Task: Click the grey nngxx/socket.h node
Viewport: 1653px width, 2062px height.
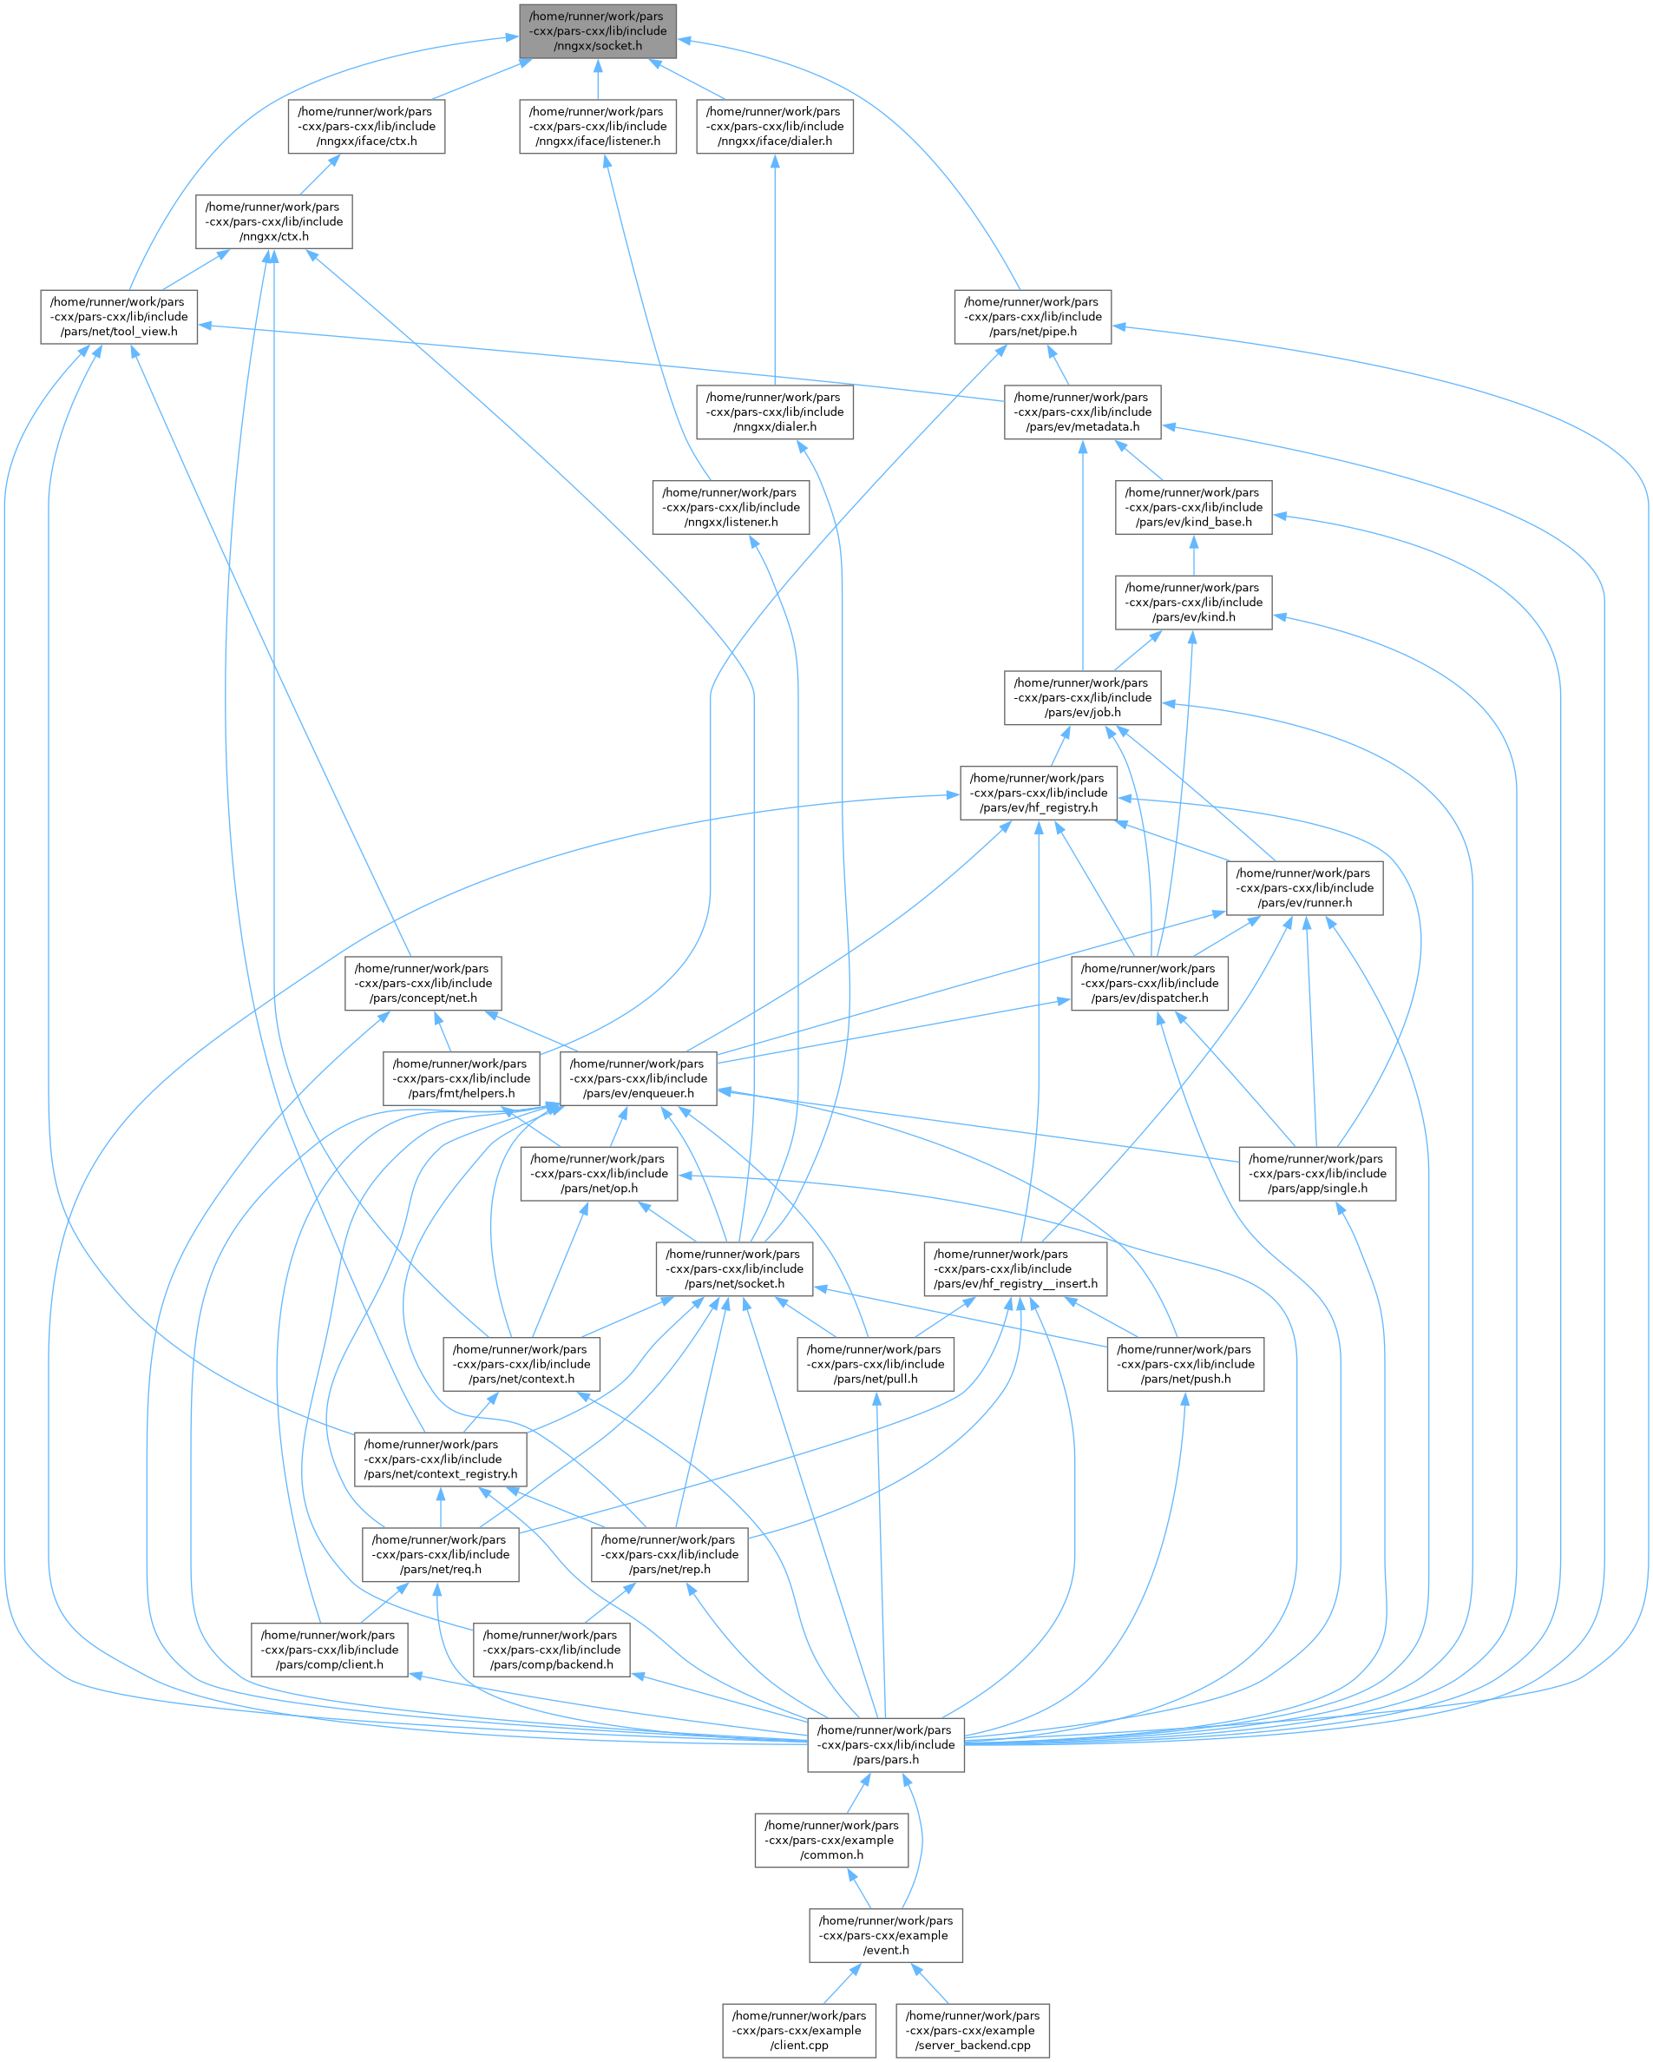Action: [598, 30]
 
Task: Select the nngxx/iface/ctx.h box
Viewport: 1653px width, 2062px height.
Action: [366, 126]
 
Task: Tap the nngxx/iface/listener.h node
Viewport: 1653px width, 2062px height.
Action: [598, 126]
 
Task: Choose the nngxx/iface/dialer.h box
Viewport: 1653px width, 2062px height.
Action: [774, 126]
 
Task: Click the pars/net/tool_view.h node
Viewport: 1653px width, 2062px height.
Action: [119, 317]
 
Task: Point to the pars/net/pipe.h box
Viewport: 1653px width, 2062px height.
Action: [1033, 317]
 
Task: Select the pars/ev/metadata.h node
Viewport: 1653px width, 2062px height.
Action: [1082, 412]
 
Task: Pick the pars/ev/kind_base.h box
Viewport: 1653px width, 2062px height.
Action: [1193, 507]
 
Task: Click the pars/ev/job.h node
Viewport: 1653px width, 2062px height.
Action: [1082, 697]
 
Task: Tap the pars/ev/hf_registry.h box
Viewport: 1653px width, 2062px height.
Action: [1039, 793]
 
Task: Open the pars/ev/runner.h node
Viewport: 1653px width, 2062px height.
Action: [1304, 887]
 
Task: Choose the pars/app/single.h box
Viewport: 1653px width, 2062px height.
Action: [1316, 1174]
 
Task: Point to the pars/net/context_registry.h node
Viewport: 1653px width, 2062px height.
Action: [440, 1459]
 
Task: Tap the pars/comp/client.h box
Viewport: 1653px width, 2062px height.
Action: [329, 1650]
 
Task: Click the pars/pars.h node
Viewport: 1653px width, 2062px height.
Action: [885, 1744]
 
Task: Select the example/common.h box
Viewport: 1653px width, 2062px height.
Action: [830, 1840]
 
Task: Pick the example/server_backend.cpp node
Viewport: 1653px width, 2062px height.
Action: [973, 2031]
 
